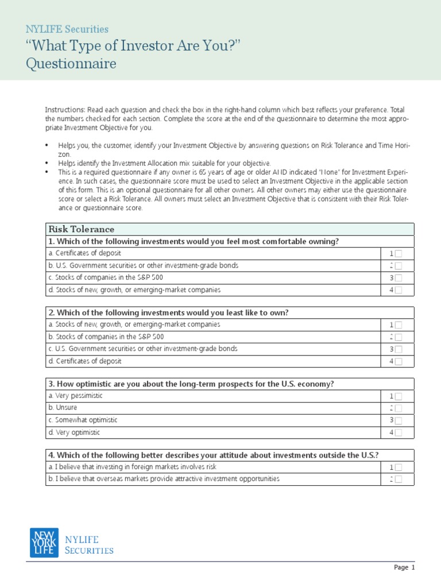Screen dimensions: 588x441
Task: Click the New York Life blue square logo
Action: pyautogui.click(x=44, y=543)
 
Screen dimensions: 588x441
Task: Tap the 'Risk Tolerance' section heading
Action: pyautogui.click(x=81, y=229)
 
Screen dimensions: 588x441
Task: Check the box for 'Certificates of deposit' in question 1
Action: pyautogui.click(x=399, y=254)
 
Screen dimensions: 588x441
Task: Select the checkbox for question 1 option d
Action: pyautogui.click(x=399, y=290)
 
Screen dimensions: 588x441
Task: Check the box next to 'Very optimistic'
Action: pyautogui.click(x=399, y=433)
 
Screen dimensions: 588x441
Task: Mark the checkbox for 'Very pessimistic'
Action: pyautogui.click(x=399, y=396)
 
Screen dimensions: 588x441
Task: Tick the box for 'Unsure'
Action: pyautogui.click(x=399, y=408)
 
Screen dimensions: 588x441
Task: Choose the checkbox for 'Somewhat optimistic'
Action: pyautogui.click(x=399, y=421)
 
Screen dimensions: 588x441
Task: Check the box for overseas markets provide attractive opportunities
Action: pyautogui.click(x=399, y=479)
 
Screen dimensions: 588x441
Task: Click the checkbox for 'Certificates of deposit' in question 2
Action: pyautogui.click(x=399, y=362)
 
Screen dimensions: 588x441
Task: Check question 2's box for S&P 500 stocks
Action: pyautogui.click(x=399, y=337)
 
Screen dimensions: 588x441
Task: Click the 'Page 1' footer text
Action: pyautogui.click(x=404, y=567)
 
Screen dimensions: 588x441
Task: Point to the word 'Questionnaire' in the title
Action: pyautogui.click(x=71, y=64)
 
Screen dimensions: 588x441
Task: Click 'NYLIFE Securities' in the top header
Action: pyautogui.click(x=67, y=29)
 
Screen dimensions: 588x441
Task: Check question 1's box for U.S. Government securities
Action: pyautogui.click(x=399, y=266)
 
